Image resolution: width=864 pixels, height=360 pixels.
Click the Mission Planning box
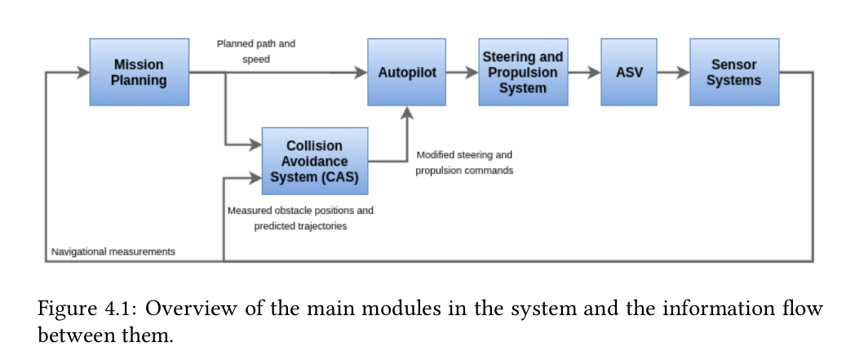[140, 72]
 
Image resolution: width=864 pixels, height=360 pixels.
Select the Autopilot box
[406, 72]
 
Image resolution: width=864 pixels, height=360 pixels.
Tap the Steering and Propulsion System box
[522, 72]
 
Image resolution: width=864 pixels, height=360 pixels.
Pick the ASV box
[628, 72]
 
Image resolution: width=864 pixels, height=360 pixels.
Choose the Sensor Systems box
[733, 72]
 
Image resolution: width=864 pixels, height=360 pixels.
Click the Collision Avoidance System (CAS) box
[314, 160]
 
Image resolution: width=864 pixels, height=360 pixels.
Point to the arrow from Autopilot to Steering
[462, 72]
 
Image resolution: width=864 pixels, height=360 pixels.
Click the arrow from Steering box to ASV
[583, 72]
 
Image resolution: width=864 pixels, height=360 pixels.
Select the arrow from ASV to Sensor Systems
[672, 72]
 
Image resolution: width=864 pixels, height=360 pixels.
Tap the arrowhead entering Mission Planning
[83, 72]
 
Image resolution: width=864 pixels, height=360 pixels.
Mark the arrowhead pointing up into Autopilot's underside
[406, 112]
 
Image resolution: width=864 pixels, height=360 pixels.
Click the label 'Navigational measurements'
[113, 251]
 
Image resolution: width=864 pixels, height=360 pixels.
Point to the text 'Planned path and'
[255, 44]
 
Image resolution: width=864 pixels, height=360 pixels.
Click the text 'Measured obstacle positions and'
[299, 211]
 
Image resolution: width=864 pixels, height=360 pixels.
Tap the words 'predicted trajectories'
[299, 226]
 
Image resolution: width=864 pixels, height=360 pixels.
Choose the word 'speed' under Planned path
[255, 60]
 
